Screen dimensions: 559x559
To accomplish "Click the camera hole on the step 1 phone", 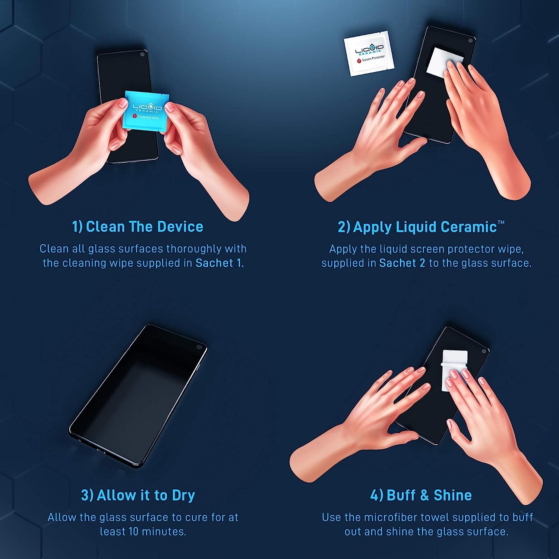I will click(x=142, y=54).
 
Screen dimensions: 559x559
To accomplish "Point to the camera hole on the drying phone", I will click(x=199, y=347).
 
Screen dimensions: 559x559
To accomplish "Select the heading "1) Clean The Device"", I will click(x=138, y=227).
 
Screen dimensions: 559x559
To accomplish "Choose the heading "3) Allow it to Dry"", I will click(x=138, y=495).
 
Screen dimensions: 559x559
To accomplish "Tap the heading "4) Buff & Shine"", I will click(x=421, y=495).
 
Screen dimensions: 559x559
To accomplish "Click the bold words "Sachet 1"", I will click(x=219, y=263).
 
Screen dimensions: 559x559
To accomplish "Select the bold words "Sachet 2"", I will click(x=402, y=263).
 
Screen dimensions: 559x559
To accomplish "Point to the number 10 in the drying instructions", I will click(x=134, y=531).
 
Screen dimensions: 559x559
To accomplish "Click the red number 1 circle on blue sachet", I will click(x=135, y=116).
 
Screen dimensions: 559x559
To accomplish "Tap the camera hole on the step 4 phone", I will click(x=484, y=351).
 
